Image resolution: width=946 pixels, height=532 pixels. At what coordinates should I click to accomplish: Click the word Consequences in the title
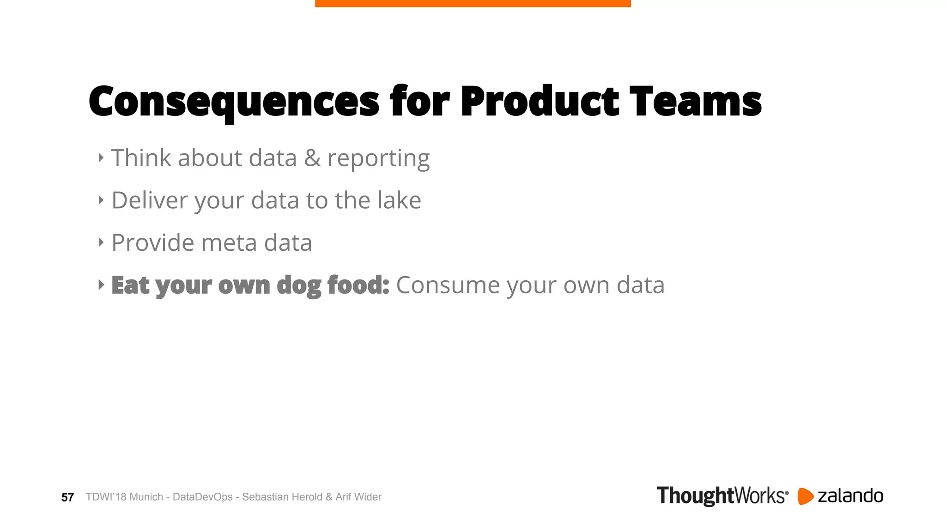coord(234,102)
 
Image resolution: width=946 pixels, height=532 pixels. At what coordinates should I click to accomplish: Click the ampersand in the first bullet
coord(312,158)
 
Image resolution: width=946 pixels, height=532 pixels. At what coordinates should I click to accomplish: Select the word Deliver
coord(150,200)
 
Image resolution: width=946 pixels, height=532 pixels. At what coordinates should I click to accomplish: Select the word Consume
coord(448,285)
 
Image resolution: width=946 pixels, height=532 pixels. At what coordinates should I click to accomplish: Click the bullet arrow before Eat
coord(101,285)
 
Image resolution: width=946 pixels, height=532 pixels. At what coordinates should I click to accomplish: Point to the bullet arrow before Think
coord(101,158)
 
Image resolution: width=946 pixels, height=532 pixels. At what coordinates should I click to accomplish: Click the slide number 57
coord(67,497)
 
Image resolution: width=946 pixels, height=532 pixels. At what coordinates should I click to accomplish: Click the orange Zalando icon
coord(805,496)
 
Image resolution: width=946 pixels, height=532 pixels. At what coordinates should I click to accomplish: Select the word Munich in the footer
coord(146,497)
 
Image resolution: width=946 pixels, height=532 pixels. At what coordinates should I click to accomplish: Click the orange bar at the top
coord(473,3)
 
